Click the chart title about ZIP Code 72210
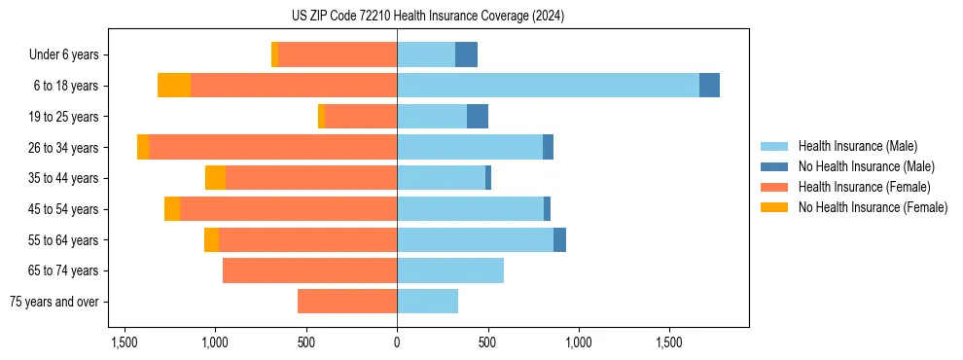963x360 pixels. [427, 17]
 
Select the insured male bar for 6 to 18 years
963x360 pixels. [548, 86]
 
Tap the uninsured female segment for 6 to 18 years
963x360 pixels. [174, 86]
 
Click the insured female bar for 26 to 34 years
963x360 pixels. [272, 147]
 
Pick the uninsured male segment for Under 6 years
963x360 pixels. [466, 54]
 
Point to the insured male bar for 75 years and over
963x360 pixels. [427, 302]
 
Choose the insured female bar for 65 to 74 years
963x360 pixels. [309, 270]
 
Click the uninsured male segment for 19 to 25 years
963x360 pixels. [478, 117]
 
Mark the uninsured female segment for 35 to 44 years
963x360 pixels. [215, 178]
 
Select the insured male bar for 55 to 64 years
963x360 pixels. [475, 239]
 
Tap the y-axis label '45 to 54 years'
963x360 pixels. [63, 209]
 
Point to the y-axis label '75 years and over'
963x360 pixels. [53, 302]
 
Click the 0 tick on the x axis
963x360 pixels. [397, 342]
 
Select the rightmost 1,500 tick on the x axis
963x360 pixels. [670, 342]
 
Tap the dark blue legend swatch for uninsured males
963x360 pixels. [774, 166]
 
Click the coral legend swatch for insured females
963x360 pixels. [774, 187]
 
